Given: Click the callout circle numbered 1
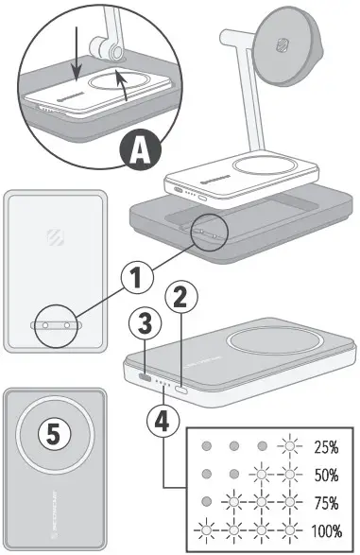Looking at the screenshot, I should coord(138,278).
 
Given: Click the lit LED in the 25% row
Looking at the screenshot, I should coord(288,445).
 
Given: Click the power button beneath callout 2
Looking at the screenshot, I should coord(181,389).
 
